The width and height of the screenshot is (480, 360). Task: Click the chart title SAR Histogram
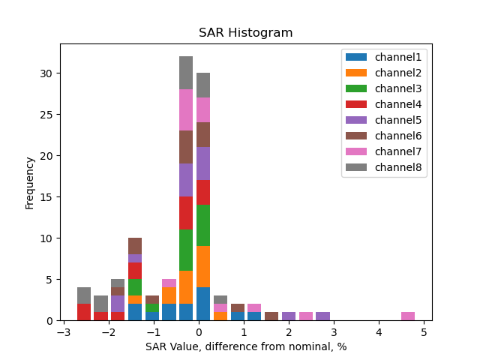(245, 33)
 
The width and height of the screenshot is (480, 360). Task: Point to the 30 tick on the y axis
(49, 73)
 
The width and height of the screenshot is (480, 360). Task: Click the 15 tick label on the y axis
(49, 197)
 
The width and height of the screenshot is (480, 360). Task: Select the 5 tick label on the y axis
(51, 280)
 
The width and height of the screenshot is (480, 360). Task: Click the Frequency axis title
(30, 182)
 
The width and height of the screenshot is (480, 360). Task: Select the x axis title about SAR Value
(245, 346)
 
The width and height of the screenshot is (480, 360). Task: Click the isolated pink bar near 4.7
(408, 316)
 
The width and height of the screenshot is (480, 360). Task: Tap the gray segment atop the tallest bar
(186, 73)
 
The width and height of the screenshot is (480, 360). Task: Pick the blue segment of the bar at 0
(203, 304)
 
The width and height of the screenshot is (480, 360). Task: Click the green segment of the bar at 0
(203, 226)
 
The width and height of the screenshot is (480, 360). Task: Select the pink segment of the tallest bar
(186, 110)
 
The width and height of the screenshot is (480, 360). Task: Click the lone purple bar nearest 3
(322, 316)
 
